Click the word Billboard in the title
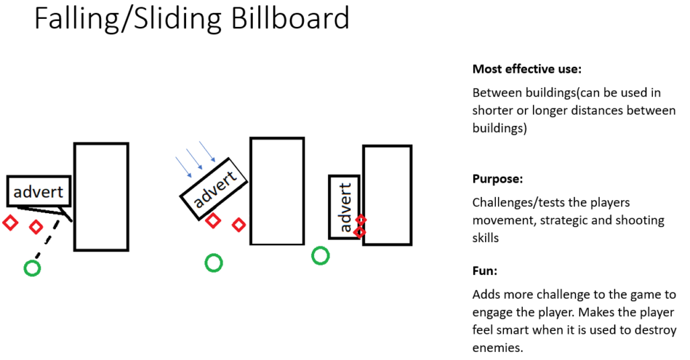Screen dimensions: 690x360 [x=290, y=18]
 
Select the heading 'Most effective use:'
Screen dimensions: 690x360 [x=527, y=69]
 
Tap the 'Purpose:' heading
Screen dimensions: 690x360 [x=497, y=179]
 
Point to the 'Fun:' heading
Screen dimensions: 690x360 [x=484, y=270]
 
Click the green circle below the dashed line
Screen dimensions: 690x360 [x=32, y=268]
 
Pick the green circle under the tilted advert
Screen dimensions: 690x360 [x=214, y=263]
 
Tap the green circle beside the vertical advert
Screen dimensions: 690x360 [x=320, y=256]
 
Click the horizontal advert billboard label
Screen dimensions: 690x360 [x=38, y=191]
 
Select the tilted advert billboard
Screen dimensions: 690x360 [x=214, y=188]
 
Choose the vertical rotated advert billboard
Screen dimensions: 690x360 [x=344, y=207]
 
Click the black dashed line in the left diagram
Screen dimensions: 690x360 [x=48, y=238]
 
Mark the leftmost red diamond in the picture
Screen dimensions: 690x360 [x=10, y=222]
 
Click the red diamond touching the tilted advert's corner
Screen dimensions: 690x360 [x=213, y=220]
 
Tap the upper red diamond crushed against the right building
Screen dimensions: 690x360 [x=360, y=220]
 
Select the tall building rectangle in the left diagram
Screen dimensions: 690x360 [x=101, y=197]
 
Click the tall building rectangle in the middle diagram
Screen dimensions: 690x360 [x=277, y=191]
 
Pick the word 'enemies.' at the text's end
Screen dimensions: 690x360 [x=498, y=348]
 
